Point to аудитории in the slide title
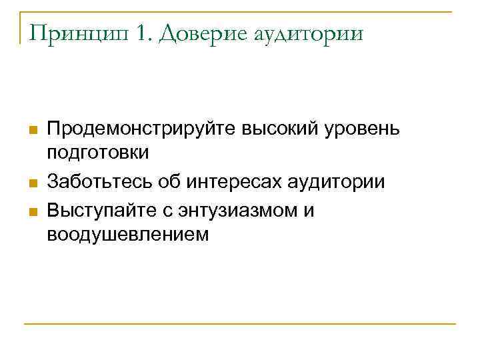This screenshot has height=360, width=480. click(x=309, y=33)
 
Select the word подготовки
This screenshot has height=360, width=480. click(x=98, y=153)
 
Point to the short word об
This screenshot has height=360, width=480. click(x=169, y=182)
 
